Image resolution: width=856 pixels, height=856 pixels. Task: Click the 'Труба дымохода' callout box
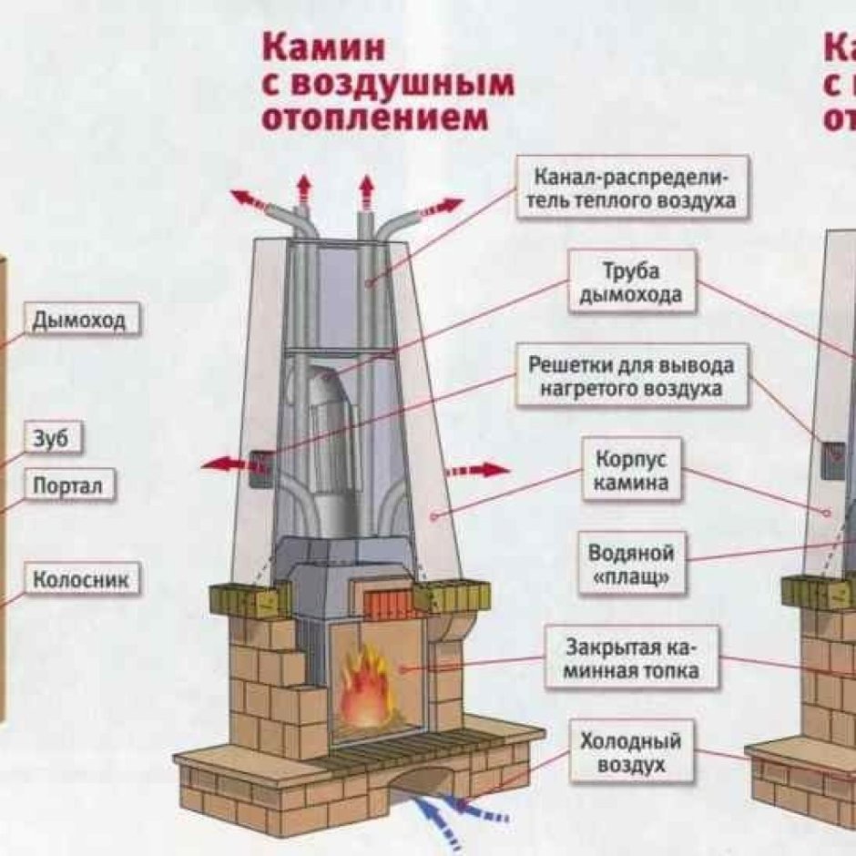click(x=631, y=283)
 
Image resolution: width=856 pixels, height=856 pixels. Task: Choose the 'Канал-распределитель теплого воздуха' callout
click(x=633, y=187)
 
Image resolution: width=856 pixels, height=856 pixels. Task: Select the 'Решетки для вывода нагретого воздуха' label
click(x=631, y=376)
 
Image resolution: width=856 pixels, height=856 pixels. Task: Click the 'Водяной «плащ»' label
click(x=631, y=566)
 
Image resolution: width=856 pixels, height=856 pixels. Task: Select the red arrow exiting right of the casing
click(x=478, y=470)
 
